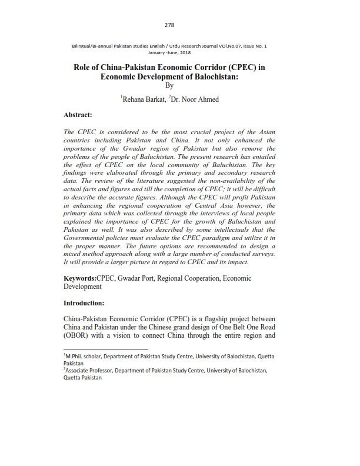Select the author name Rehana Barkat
click(143, 99)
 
